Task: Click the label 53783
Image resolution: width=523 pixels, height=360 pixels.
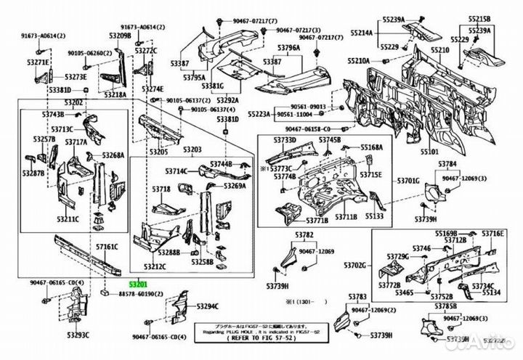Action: (x=357, y=297)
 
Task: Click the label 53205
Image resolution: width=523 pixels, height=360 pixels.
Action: (x=158, y=152)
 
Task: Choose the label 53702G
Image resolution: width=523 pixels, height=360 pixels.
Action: (x=355, y=266)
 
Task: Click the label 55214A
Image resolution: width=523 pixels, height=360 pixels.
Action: (x=363, y=33)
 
